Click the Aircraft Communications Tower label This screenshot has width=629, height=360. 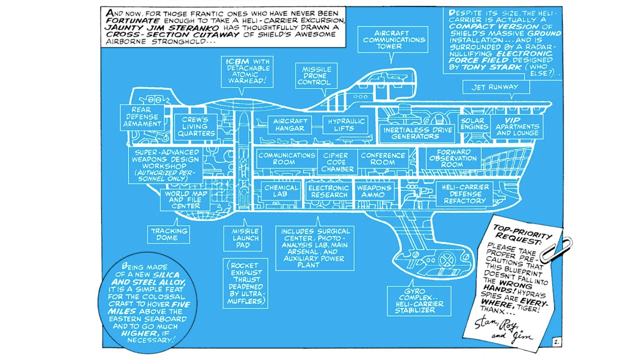coord(393,39)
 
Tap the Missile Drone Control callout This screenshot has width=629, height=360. coord(316,76)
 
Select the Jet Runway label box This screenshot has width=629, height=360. coord(496,87)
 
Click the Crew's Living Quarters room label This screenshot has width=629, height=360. coord(195,126)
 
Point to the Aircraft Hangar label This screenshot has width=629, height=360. coord(290,125)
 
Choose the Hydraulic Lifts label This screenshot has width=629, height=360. coord(345,125)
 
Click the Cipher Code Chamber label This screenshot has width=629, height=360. coord(337,162)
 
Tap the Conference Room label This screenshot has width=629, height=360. coord(383,159)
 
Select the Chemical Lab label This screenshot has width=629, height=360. coord(281,191)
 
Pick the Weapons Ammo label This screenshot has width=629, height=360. coord(374,191)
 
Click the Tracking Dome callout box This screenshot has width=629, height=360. coord(168,234)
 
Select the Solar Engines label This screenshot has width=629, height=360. coord(474,124)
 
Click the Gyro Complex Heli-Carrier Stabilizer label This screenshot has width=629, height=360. coord(419,301)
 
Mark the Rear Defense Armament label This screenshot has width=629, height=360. coord(142,117)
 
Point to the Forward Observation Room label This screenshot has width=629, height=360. coord(453,158)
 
